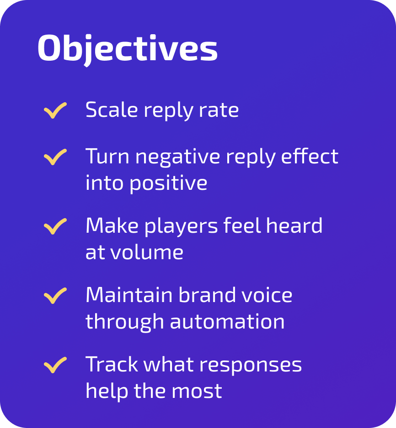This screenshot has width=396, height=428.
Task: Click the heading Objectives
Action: point(127,49)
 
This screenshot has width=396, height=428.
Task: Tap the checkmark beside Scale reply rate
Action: point(55,110)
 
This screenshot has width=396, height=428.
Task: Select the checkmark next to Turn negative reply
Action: point(55,157)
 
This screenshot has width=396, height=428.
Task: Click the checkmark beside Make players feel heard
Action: point(55,226)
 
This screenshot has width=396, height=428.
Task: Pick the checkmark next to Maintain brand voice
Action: point(55,296)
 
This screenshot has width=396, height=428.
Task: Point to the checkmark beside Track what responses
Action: point(55,365)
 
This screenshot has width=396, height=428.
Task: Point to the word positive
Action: point(168,183)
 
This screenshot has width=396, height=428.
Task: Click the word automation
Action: point(227,322)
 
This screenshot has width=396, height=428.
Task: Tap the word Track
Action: point(112,365)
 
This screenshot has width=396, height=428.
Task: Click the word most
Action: point(199,391)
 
